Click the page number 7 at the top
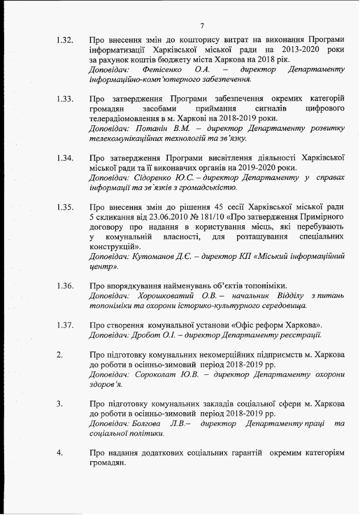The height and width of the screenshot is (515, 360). coord(202,25)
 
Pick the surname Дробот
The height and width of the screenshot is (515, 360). coord(144,335)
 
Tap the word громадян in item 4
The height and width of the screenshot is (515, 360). coord(107,464)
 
